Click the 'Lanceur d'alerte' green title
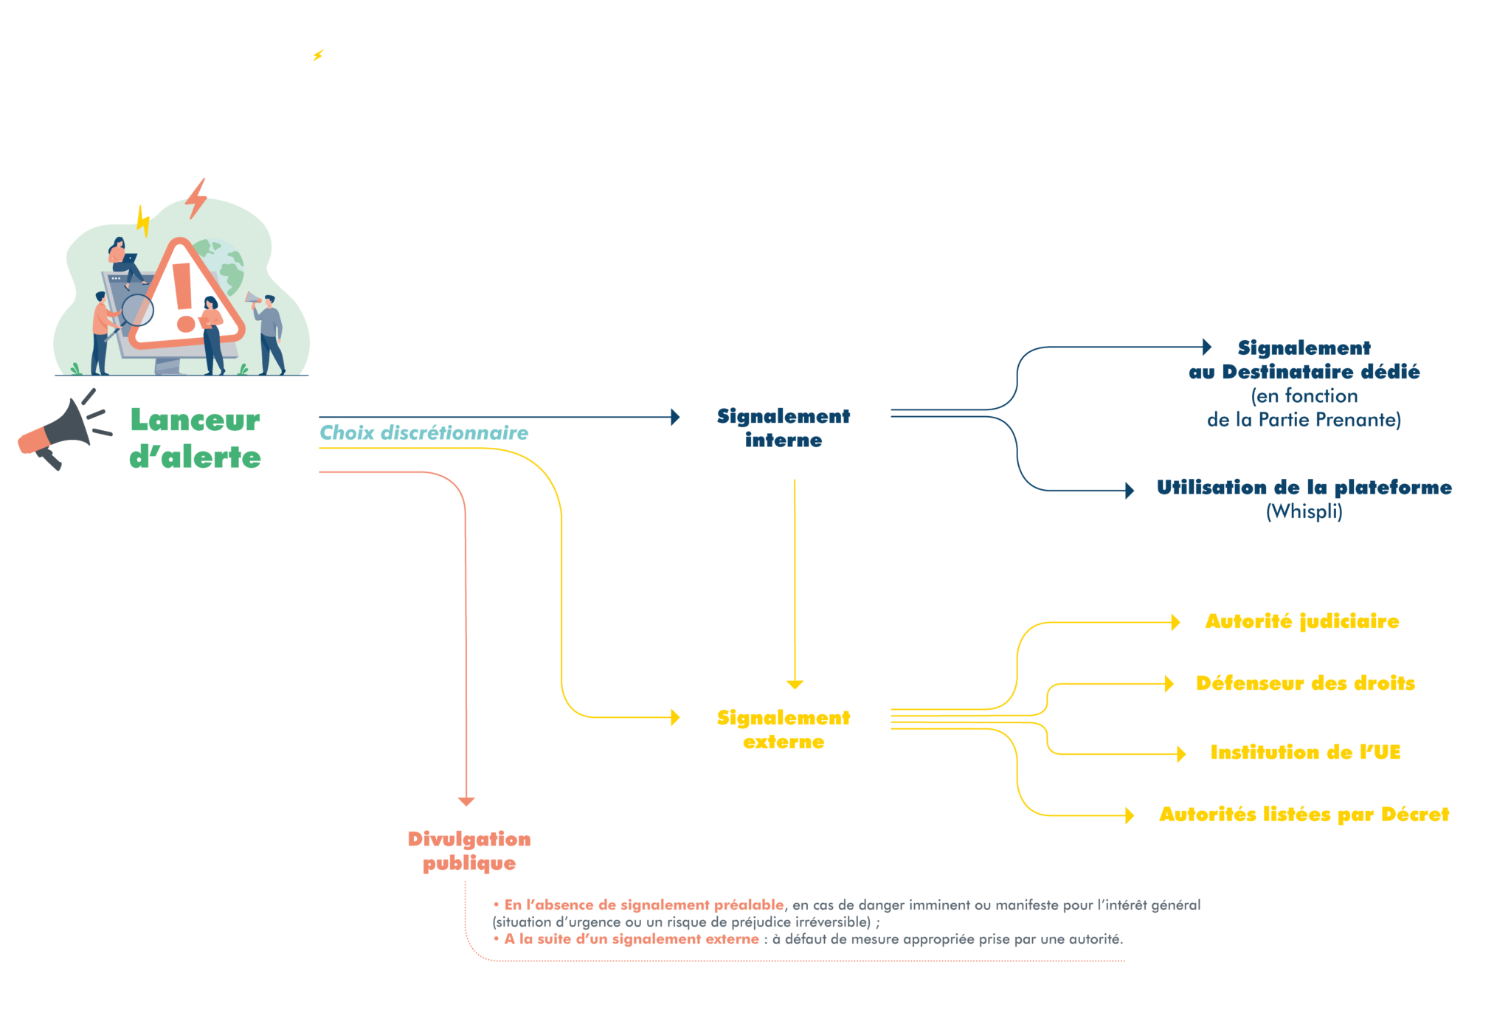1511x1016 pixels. click(196, 438)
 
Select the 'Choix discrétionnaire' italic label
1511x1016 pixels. click(423, 433)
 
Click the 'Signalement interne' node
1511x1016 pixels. click(784, 428)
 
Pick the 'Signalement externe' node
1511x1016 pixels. click(784, 730)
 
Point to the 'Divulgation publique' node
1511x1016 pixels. click(468, 851)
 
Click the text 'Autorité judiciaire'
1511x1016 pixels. click(1302, 621)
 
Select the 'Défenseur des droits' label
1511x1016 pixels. click(1306, 683)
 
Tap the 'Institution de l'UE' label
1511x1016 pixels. click(1305, 753)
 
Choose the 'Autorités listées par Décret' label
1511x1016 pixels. click(1304, 815)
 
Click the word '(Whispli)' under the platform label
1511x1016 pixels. click(1304, 511)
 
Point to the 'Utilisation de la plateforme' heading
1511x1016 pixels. click(1304, 488)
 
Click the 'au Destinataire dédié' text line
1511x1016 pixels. click(1304, 372)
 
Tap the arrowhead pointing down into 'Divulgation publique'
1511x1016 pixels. click(466, 801)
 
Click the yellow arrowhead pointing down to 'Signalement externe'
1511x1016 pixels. click(795, 684)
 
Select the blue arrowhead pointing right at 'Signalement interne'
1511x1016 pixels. click(675, 417)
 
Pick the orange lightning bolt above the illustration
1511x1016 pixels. click(196, 198)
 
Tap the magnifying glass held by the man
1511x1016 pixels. click(136, 311)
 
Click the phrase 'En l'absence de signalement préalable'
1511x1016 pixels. click(643, 905)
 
